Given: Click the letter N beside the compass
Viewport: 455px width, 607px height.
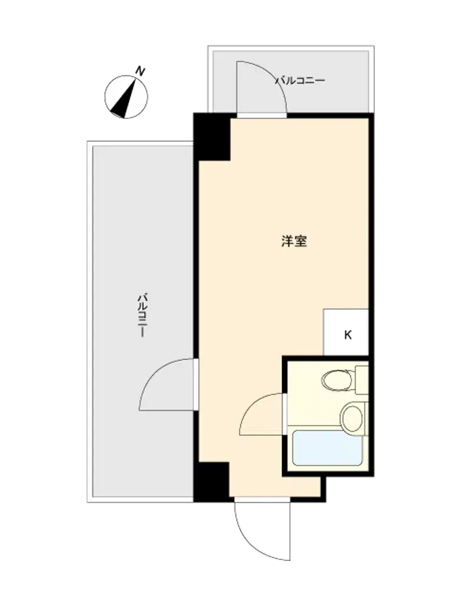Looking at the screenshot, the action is tap(140, 71).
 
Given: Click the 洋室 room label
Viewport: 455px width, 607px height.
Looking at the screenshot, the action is tap(294, 241).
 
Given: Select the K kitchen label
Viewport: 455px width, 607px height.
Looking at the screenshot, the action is tap(348, 335).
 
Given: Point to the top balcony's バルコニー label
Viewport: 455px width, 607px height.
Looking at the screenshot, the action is tap(300, 81).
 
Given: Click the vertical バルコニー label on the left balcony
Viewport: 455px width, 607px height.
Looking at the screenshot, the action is tap(143, 315).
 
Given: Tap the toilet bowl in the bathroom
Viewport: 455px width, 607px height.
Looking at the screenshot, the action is tap(337, 380).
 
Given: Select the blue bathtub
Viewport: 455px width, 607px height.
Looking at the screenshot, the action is tap(328, 448).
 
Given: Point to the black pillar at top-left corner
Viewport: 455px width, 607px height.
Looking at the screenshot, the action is tap(212, 136).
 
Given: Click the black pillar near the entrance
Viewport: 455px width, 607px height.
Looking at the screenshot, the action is tap(211, 481).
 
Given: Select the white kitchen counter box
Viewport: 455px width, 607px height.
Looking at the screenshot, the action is tap(346, 332).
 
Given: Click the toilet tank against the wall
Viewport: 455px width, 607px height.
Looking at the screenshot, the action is tap(362, 379).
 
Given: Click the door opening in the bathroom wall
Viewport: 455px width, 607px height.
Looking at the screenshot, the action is tap(285, 414).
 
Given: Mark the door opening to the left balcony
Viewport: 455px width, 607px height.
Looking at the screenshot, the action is tap(196, 385).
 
